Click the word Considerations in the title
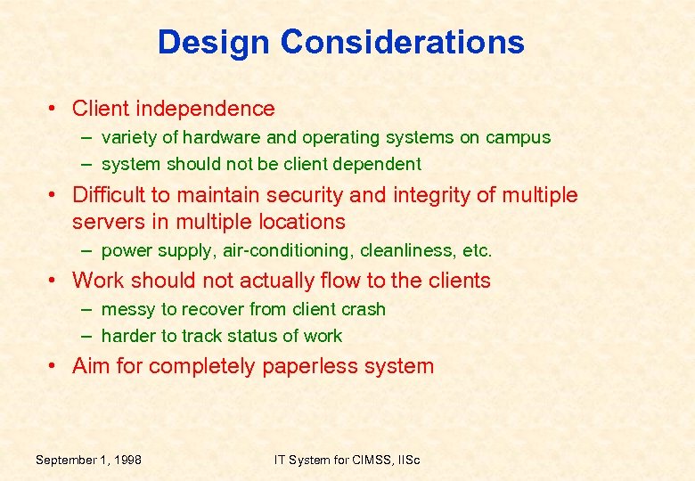pyautogui.click(x=402, y=42)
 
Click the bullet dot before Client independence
pyautogui.click(x=54, y=110)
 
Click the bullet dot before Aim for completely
pyautogui.click(x=54, y=367)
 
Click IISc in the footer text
pyautogui.click(x=405, y=460)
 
